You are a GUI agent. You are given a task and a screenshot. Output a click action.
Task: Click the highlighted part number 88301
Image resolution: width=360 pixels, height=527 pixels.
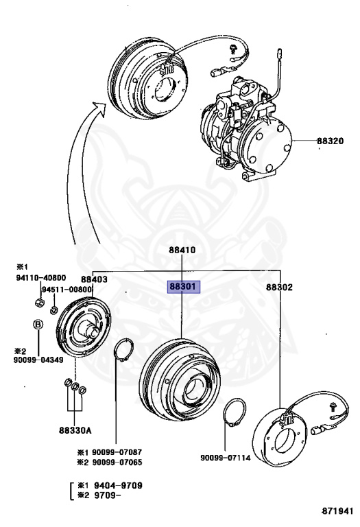click(x=183, y=287)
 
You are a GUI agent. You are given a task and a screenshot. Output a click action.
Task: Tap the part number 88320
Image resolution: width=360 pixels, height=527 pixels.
click(x=330, y=141)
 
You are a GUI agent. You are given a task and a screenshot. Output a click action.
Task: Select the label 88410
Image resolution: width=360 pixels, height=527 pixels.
click(x=182, y=250)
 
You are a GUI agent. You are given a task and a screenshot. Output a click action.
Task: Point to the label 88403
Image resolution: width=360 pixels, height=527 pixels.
click(x=94, y=279)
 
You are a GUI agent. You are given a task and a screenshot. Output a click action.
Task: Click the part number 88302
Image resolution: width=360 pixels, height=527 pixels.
click(x=279, y=287)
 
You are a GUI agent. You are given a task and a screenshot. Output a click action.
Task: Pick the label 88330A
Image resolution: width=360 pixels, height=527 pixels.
click(x=75, y=430)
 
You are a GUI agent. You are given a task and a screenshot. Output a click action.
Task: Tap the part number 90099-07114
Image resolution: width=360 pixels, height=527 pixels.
click(x=226, y=458)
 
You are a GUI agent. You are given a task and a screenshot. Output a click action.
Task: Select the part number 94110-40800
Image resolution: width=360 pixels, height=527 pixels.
click(x=41, y=278)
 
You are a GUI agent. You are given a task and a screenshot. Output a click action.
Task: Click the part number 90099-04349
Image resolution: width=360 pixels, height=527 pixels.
click(x=38, y=360)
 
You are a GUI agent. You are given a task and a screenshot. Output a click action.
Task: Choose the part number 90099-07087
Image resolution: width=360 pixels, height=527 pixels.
click(x=117, y=452)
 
